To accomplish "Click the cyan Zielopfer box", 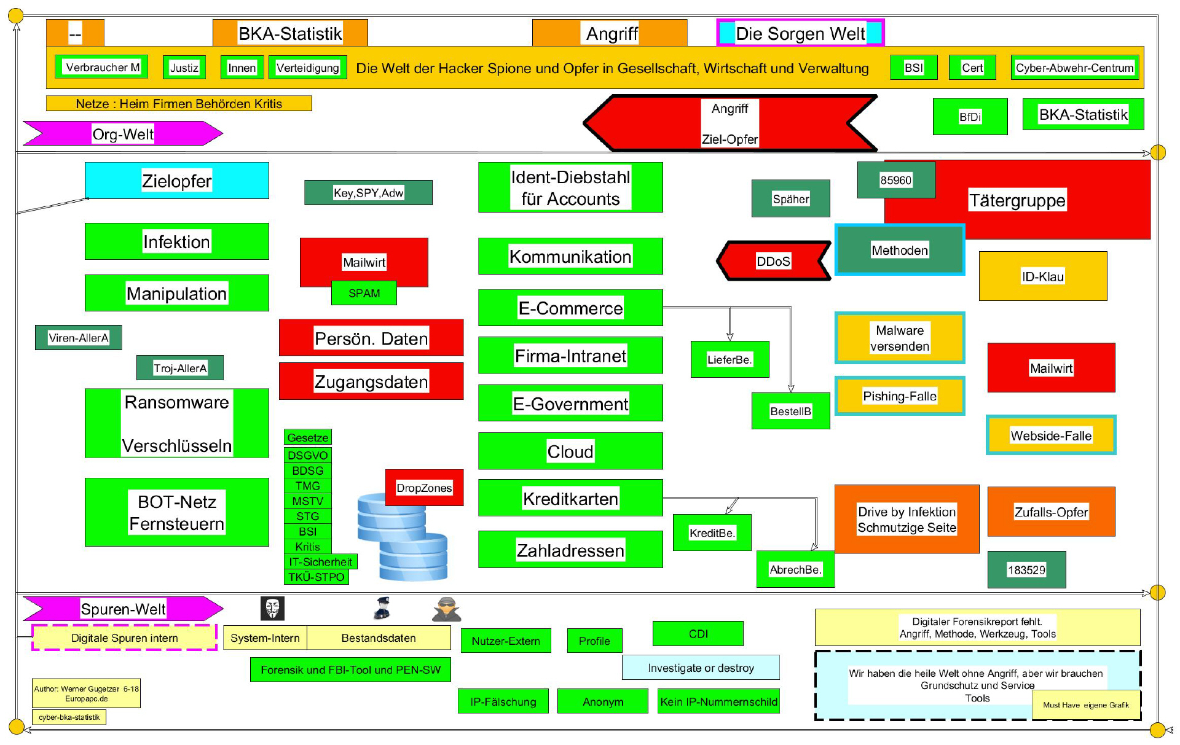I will tap(176, 181).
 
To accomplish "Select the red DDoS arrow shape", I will tap(773, 261).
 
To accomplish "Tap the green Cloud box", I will tap(570, 451).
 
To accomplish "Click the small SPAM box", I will tap(364, 293).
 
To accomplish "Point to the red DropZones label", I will tap(424, 488).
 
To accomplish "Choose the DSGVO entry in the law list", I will tap(307, 455).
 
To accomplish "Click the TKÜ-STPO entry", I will tap(316, 577).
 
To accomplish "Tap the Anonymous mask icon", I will tap(272, 608).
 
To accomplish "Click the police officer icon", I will tap(382, 607).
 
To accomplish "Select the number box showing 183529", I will tap(1026, 569).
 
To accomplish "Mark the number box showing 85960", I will tap(895, 180).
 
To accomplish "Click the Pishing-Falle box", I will tap(899, 396).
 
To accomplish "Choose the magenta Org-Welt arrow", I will tap(123, 134).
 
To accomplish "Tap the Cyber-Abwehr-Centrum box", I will tap(1074, 68).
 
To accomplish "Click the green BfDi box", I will tap(970, 117).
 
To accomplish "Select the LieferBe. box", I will tap(730, 359).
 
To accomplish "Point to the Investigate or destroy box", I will tap(701, 668).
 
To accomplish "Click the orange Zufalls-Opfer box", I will tap(1051, 512).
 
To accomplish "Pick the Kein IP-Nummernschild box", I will tap(718, 701).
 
